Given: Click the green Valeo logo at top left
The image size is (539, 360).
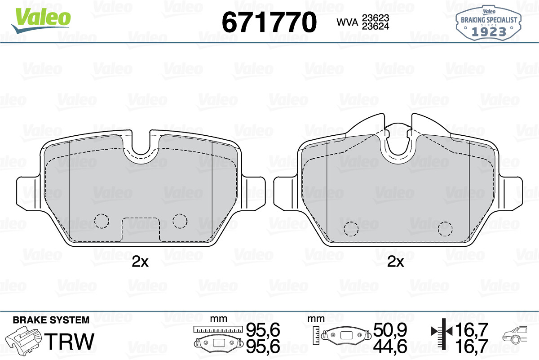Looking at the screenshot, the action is point(41,21).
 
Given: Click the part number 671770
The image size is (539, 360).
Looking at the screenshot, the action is point(269,22).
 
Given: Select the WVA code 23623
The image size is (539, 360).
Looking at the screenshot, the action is point(376,18).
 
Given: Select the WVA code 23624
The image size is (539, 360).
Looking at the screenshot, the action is point(376,26).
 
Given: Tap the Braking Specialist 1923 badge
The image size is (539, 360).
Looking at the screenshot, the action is point(489,23).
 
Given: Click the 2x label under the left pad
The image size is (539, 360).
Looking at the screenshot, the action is point(140,262).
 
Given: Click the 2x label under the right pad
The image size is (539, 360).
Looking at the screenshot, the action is point(396,262).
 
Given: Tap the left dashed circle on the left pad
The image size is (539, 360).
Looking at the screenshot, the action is point(102,221).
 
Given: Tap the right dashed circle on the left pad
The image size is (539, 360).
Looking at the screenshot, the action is point(180,221).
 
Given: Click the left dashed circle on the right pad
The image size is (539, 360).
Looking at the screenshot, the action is point(351,229).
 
